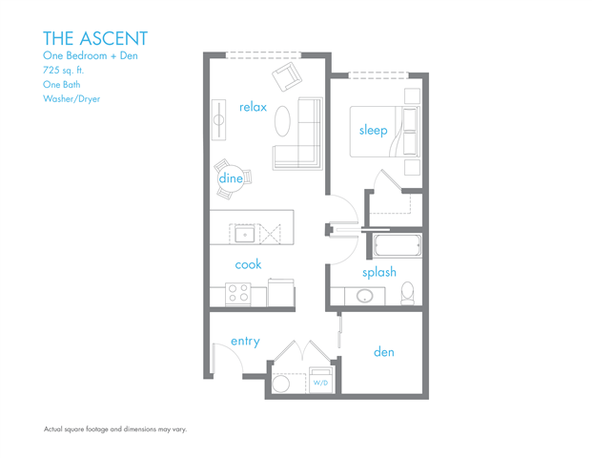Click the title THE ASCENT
pyautogui.click(x=95, y=38)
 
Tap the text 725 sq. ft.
pyautogui.click(x=64, y=70)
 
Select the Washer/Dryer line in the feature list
pyautogui.click(x=71, y=98)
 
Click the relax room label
pyautogui.click(x=253, y=107)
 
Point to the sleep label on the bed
pyautogui.click(x=373, y=131)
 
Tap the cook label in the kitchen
pyautogui.click(x=248, y=264)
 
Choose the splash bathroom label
pyautogui.click(x=379, y=272)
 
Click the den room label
pyautogui.click(x=384, y=352)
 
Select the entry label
pyautogui.click(x=245, y=342)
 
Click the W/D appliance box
pyautogui.click(x=320, y=380)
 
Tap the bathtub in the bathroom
pyautogui.click(x=398, y=245)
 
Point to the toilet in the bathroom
pyautogui.click(x=408, y=293)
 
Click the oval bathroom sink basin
pyautogui.click(x=365, y=296)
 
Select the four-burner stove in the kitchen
pyautogui.click(x=238, y=294)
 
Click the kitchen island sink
pyautogui.click(x=245, y=235)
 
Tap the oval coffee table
pyautogui.click(x=282, y=121)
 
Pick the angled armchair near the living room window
pyautogui.click(x=287, y=76)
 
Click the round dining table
pyautogui.click(x=231, y=178)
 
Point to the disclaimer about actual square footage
pyautogui.click(x=115, y=429)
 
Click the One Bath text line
pyautogui.click(x=62, y=84)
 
